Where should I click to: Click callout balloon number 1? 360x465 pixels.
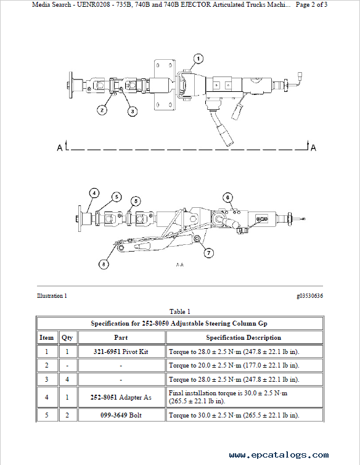198,59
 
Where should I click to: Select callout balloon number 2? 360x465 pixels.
102,110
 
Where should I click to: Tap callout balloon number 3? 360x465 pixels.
133,112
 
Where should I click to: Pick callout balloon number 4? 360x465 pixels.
94,194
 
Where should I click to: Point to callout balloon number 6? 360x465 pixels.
227,197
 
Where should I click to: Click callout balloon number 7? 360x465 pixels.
209,253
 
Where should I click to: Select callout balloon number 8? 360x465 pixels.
104,264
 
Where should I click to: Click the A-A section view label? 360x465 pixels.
180,265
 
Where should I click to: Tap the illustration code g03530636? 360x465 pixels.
310,295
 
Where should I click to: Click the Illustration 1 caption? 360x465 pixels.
52,295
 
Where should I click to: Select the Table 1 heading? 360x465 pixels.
180,311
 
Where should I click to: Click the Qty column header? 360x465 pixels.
67,338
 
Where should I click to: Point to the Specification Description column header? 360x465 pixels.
243,337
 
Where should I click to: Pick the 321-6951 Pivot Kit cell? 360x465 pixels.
121,352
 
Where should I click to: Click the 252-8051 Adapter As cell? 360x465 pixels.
121,397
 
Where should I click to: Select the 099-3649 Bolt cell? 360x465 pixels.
121,415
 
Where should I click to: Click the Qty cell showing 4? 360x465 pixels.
67,379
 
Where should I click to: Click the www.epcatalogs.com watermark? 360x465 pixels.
279,455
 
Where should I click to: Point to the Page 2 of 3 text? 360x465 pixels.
311,5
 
